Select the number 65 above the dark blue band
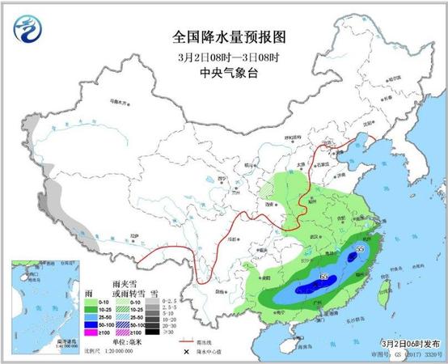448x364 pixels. click(x=324, y=277)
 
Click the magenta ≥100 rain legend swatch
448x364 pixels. click(x=79, y=331)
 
